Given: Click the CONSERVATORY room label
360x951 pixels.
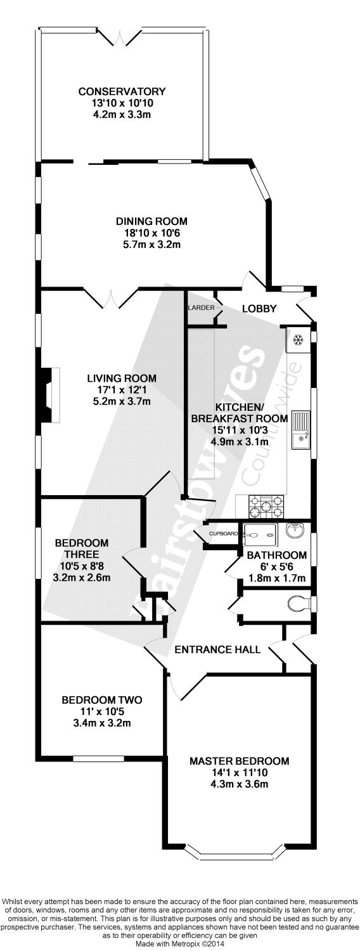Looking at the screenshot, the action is click(x=122, y=91).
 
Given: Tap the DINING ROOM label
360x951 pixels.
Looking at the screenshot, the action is click(x=151, y=221).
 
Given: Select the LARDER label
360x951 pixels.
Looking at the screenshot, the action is click(x=201, y=307).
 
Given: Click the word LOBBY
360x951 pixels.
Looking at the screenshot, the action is click(x=259, y=309).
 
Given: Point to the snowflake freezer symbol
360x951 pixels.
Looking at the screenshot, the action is click(x=299, y=340).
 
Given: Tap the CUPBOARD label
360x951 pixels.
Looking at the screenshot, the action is click(x=223, y=534).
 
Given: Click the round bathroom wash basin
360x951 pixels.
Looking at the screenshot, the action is click(x=295, y=531).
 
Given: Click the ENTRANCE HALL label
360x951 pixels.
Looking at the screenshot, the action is click(x=217, y=649).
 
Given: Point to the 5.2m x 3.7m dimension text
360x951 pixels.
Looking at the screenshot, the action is click(x=122, y=401).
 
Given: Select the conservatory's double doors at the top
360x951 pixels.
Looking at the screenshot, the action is click(x=122, y=34).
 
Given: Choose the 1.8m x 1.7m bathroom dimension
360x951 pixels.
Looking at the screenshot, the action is click(x=276, y=578).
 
